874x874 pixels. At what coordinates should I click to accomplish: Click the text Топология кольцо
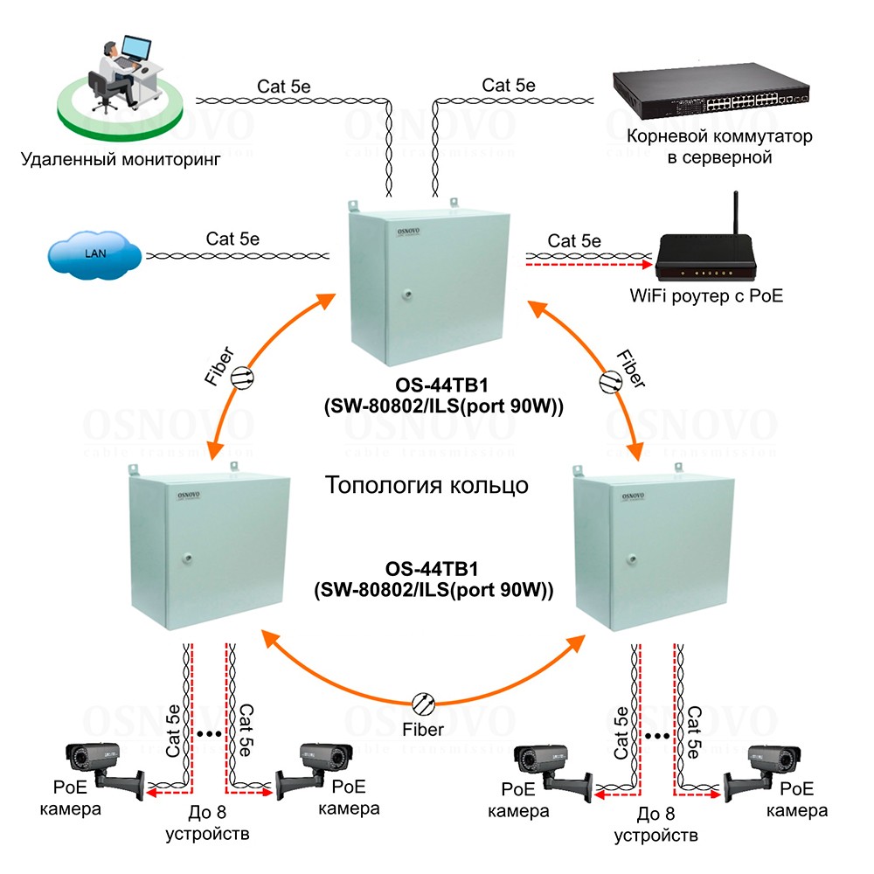tap(427, 484)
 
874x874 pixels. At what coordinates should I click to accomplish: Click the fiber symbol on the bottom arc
tap(424, 702)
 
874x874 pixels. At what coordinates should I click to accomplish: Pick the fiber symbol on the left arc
tap(242, 376)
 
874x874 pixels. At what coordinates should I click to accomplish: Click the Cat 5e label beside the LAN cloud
tap(232, 238)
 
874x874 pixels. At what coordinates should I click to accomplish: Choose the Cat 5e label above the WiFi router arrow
tap(574, 240)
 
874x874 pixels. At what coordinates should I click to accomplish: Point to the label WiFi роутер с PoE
tap(706, 296)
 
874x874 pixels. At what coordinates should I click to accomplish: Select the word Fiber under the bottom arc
tap(423, 729)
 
